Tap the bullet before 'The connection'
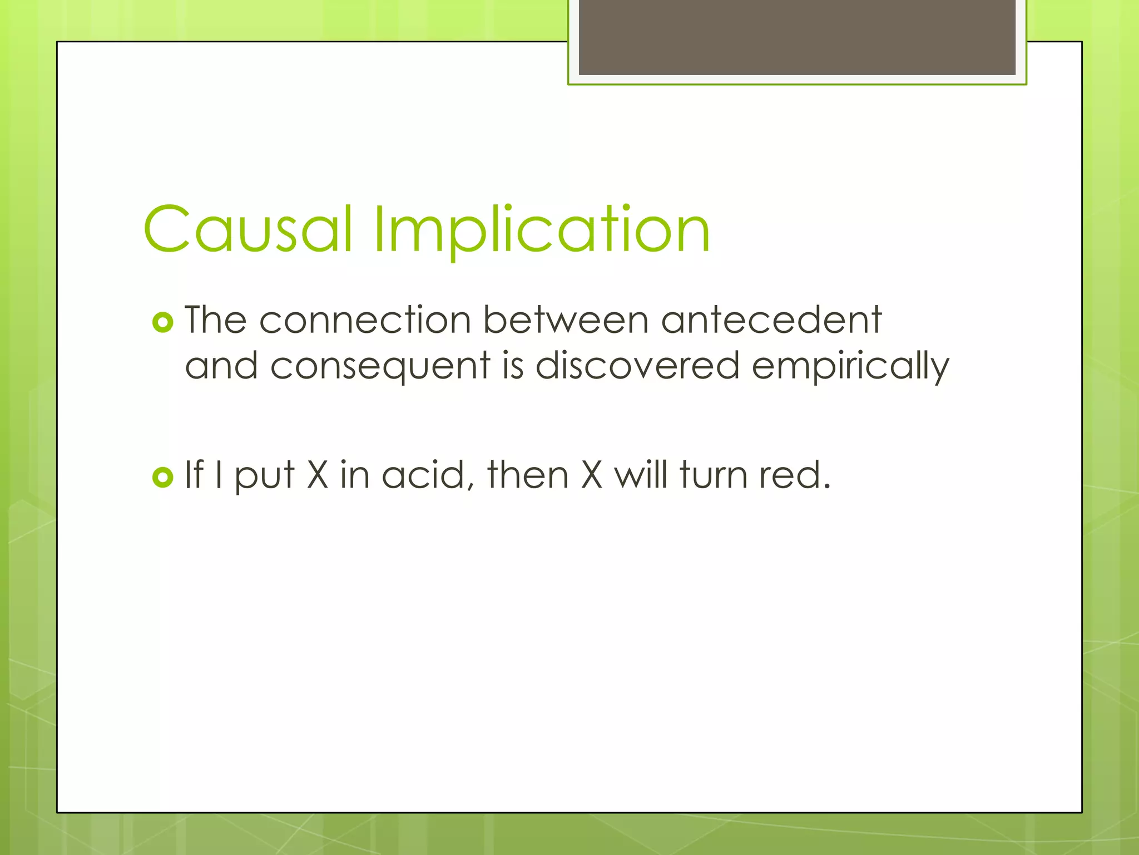coord(162,322)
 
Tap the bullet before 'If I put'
coord(162,477)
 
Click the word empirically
coord(850,367)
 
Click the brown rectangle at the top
coord(796,37)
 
